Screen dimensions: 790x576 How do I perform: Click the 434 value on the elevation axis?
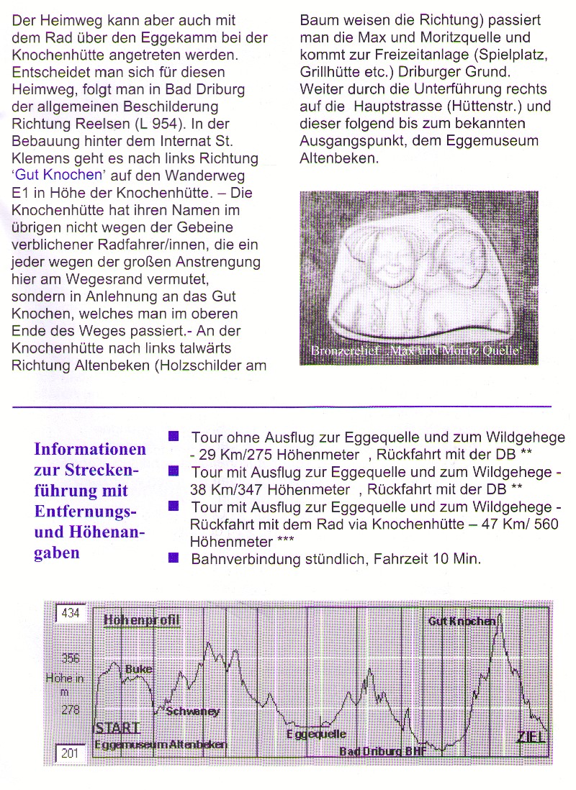[x=71, y=613]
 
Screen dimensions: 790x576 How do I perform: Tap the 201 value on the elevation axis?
[x=69, y=753]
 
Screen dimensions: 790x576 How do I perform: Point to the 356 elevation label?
[x=71, y=658]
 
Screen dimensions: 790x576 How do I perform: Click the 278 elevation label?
[x=71, y=709]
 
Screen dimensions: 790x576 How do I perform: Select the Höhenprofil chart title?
[x=141, y=619]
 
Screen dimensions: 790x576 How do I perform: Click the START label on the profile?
[x=117, y=727]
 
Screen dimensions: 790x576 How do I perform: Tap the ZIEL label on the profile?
[x=531, y=735]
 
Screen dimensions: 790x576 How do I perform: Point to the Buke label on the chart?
[x=139, y=669]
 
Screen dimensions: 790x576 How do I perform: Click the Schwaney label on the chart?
[x=192, y=712]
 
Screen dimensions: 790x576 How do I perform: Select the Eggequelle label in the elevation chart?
[x=316, y=734]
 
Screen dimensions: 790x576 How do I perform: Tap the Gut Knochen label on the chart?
[x=462, y=621]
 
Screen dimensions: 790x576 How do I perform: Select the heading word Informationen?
[x=90, y=450]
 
